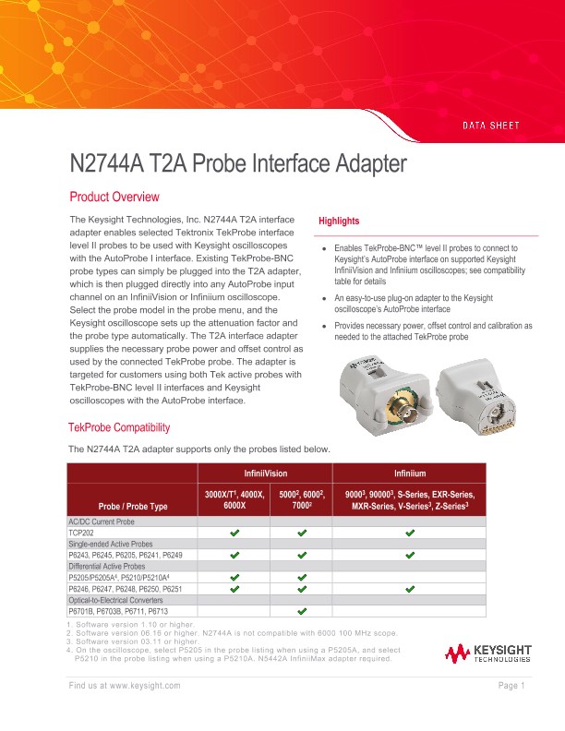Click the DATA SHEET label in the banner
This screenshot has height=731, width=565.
[x=490, y=125]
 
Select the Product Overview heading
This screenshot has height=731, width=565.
[x=114, y=198]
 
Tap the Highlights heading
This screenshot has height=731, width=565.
[x=339, y=222]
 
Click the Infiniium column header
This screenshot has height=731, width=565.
[x=410, y=473]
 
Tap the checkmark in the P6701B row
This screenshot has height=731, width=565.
[x=301, y=611]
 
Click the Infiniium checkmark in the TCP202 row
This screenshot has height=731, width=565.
[x=410, y=533]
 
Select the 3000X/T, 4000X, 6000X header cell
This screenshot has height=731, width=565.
[x=234, y=499]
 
